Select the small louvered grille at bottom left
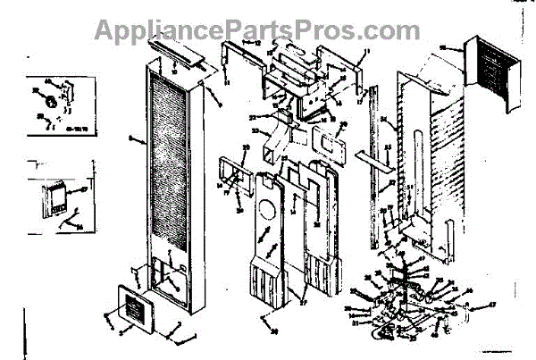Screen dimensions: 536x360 pyautogui.click(x=134, y=307)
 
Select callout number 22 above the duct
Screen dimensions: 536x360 pyautogui.click(x=252, y=117)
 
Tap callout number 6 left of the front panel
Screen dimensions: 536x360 pyautogui.click(x=131, y=138)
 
